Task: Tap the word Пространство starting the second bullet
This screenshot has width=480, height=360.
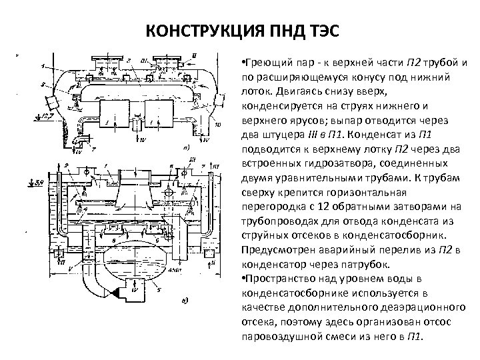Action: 279,278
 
